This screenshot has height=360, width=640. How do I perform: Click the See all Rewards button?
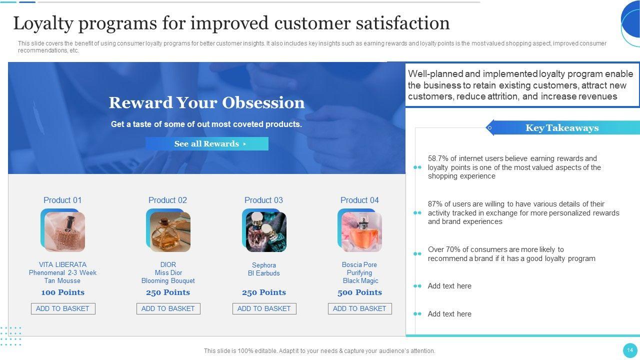click(x=207, y=143)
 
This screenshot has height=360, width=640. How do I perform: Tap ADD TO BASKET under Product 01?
click(x=63, y=308)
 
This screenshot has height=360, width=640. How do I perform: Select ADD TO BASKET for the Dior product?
click(x=168, y=308)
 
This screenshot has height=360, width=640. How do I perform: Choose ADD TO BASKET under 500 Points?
click(x=359, y=308)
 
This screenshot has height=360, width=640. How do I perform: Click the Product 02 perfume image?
click(x=170, y=231)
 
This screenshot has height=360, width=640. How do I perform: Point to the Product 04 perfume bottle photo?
click(x=361, y=231)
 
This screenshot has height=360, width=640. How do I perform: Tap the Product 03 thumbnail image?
click(x=266, y=231)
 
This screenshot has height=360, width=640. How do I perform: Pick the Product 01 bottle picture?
click(x=64, y=231)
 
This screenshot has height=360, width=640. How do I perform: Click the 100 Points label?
click(x=63, y=292)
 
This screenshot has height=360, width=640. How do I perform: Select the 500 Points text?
click(x=359, y=292)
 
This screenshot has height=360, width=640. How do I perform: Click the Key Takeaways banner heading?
click(x=562, y=127)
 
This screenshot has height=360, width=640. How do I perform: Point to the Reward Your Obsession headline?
click(x=206, y=102)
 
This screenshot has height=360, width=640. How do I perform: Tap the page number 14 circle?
click(x=630, y=350)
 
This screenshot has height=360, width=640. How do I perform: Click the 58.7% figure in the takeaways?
click(x=438, y=158)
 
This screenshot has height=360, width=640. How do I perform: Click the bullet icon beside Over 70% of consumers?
click(x=417, y=253)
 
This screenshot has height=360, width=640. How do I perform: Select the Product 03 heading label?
click(x=263, y=200)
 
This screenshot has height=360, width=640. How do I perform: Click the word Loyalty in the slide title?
click(x=43, y=23)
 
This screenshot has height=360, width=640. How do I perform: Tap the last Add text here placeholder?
click(x=449, y=313)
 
